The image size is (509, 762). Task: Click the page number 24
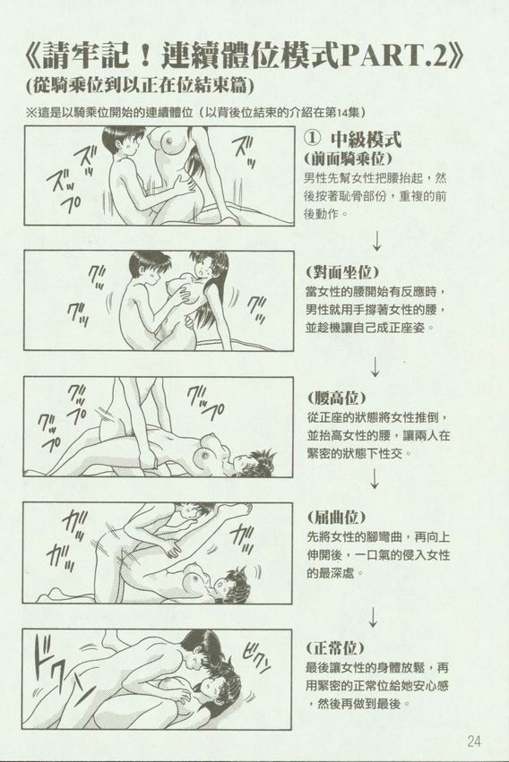click(473, 741)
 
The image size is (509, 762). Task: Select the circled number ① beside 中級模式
click(314, 140)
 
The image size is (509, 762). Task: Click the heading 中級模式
click(366, 140)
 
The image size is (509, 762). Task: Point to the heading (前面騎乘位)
click(348, 158)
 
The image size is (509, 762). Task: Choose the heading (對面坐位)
click(342, 271)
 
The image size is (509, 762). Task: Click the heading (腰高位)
click(336, 398)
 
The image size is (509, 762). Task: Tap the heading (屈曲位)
click(336, 517)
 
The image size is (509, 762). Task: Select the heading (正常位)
click(335, 647)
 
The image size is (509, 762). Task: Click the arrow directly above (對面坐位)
click(376, 241)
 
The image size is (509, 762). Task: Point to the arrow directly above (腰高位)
click(375, 366)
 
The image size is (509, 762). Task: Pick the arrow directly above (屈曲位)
click(374, 479)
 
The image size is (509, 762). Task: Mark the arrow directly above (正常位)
click(373, 617)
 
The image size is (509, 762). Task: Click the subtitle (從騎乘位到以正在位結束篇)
click(141, 86)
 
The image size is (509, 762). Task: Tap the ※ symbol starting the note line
click(32, 112)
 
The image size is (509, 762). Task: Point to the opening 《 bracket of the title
click(33, 56)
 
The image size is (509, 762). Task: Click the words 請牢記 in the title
click(85, 56)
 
